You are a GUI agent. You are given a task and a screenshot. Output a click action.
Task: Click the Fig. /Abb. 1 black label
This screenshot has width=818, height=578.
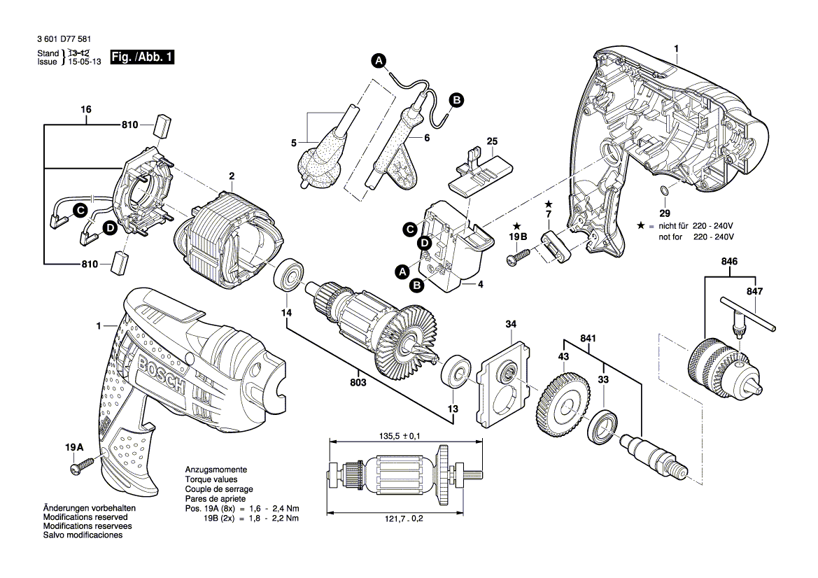tap(143, 57)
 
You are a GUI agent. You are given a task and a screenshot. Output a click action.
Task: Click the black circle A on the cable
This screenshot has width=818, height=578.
tap(379, 62)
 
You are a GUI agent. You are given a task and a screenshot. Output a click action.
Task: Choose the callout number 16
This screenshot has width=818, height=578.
tap(86, 110)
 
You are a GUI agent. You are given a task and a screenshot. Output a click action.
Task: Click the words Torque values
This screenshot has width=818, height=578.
tap(210, 481)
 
